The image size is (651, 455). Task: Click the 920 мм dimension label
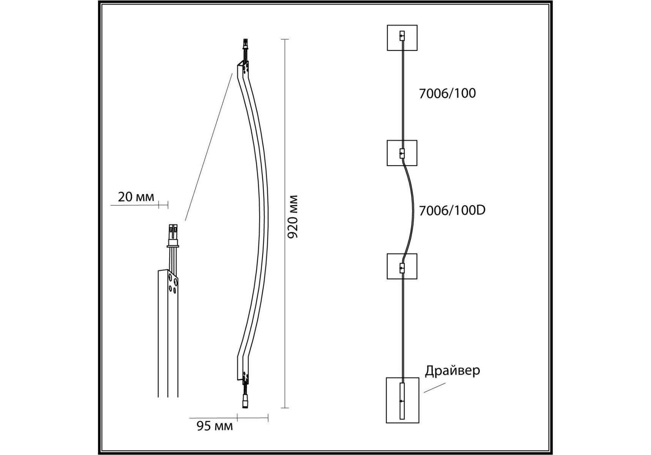click(x=293, y=217)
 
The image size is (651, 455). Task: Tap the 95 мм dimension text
click(x=214, y=426)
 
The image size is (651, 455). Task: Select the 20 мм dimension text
click(x=136, y=197)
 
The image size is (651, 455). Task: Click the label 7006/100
click(x=447, y=93)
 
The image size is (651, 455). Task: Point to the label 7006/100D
click(x=452, y=210)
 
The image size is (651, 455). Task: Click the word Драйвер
click(x=452, y=370)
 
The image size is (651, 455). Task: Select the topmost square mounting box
click(x=402, y=38)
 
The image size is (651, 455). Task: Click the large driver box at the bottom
click(x=402, y=400)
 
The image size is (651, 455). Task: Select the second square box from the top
click(x=402, y=153)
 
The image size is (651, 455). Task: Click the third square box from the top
click(x=402, y=266)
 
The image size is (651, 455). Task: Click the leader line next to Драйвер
click(x=434, y=388)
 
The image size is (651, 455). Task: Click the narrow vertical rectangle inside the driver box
click(x=402, y=401)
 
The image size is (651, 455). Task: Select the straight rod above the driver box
click(x=402, y=328)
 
